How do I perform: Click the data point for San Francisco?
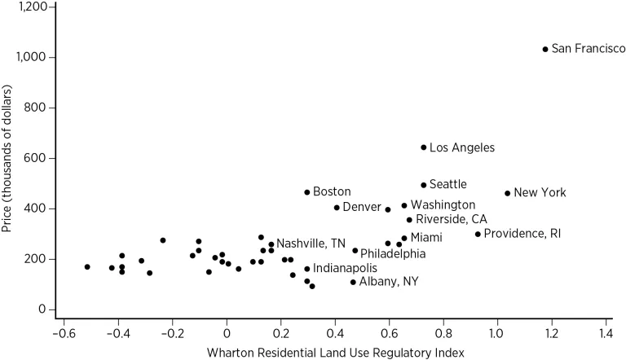coord(545,50)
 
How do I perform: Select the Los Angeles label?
coord(461,148)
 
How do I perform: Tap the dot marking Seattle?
coord(423,185)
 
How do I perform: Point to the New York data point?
coord(507,193)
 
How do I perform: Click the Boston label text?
coord(332,192)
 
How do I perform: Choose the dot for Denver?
coord(337,208)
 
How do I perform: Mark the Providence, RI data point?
coord(478,234)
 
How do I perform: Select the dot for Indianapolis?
coord(307,268)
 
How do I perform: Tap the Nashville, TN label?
coord(311,244)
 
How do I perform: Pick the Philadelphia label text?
coord(392,254)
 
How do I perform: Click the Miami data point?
coord(403,239)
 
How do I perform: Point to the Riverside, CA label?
coord(452,220)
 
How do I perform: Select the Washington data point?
coord(403,206)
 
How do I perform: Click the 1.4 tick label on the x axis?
coord(605,333)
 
